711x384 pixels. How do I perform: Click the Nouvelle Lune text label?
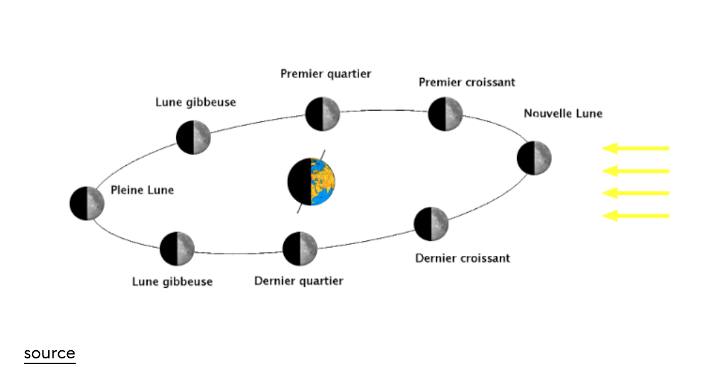point(563,114)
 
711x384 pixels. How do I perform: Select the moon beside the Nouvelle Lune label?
point(534,158)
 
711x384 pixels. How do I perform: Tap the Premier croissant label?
point(467,83)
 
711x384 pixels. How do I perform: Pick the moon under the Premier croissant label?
point(446,114)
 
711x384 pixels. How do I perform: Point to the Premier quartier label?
point(325,74)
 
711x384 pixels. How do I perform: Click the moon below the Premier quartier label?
point(322,114)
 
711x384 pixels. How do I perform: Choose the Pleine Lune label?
point(142,190)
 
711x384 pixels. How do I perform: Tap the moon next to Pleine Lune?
point(86,203)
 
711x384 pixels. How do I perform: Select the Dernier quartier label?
point(299,281)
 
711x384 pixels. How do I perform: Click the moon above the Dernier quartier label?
point(300,248)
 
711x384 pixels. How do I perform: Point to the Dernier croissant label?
point(463,258)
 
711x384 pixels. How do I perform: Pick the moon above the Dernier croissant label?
point(431,224)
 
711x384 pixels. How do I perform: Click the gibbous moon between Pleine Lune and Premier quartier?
point(193,138)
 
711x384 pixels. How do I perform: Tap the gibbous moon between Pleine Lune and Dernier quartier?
point(177,248)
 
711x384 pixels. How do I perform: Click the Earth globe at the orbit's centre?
point(312,182)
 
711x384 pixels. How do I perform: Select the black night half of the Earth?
point(299,182)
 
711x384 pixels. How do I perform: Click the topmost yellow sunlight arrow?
point(635,148)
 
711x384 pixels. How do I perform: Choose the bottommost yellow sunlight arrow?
point(635,216)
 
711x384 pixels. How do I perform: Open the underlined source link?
point(49,353)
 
